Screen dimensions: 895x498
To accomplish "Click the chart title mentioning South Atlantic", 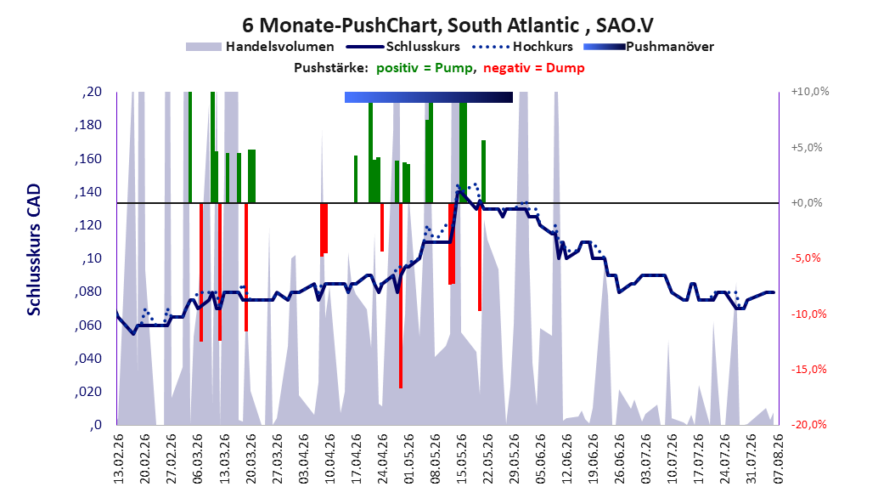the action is click(447, 25).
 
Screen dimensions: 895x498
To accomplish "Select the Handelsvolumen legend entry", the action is click(260, 47).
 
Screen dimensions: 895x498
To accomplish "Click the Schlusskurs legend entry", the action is click(403, 47).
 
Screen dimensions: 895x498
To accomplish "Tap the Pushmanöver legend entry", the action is click(649, 47).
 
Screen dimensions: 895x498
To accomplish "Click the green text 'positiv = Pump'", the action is click(424, 68).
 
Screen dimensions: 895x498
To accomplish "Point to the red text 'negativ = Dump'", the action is click(534, 68).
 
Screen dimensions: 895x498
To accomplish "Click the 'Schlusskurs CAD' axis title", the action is click(34, 250).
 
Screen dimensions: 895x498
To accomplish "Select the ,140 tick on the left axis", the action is click(88, 192).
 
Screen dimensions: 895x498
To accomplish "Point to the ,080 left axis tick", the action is click(88, 291).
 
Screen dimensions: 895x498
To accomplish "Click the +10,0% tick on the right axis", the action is click(810, 92).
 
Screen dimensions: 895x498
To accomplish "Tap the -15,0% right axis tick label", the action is click(808, 370).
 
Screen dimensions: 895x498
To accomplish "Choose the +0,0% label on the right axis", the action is click(807, 203).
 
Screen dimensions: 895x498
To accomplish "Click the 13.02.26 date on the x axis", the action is click(119, 459).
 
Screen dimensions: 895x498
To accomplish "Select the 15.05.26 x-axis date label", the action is click(461, 459).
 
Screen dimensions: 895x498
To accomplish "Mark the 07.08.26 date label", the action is click(778, 459).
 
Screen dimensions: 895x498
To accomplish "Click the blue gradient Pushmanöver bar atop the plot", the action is click(429, 97).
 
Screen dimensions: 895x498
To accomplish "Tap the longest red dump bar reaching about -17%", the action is click(401, 295).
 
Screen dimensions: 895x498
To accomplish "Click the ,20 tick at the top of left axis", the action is click(92, 92).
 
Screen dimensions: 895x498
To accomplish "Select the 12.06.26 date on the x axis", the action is click(566, 459).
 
